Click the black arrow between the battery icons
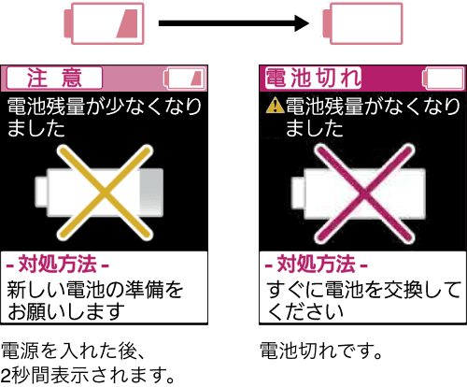point(233,23)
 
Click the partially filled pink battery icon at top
point(104,23)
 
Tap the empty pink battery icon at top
point(362,23)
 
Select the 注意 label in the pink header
point(54,78)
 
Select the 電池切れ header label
point(313,78)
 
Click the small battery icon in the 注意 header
point(184,79)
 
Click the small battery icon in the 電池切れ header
point(444,79)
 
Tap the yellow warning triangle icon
point(275,105)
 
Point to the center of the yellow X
point(105,193)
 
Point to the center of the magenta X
point(364,193)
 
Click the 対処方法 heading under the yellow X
point(58,265)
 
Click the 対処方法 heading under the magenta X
point(317,265)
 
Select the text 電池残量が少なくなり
point(105,107)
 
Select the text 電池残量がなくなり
point(373,107)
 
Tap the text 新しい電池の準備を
point(95,290)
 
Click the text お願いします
point(66,311)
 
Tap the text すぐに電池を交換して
point(363,290)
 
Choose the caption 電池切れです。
point(321,351)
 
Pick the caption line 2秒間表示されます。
point(88,375)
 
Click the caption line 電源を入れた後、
point(74,351)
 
